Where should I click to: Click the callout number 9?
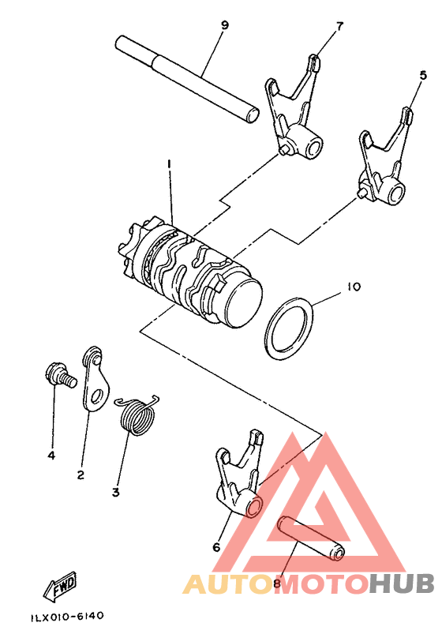pos(225,25)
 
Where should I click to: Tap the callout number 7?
pos(339,25)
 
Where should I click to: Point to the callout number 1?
pos(169,163)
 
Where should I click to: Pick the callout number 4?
pos(51,456)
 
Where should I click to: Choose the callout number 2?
pos(81,475)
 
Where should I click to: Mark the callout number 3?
pos(115,493)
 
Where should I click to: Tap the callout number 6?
pos(216,546)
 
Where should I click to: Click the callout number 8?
pos(276,584)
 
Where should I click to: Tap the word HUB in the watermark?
pos(403,585)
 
